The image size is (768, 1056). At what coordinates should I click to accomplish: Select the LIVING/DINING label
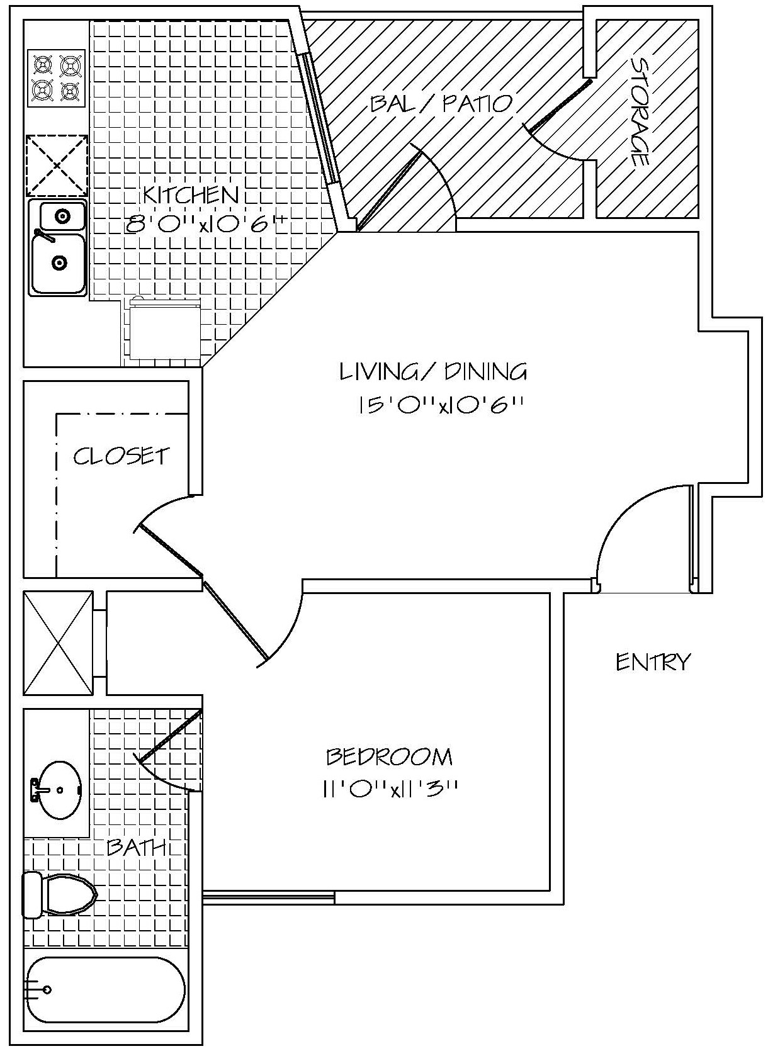[433, 372]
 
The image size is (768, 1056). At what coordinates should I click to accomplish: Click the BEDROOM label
[389, 756]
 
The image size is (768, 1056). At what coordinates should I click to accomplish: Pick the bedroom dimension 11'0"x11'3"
[389, 789]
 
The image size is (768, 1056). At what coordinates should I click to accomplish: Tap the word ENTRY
[653, 662]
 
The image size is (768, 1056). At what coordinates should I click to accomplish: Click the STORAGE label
[640, 113]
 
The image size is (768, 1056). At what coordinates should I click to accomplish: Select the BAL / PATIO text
[441, 103]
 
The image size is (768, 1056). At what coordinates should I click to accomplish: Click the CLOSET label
[121, 456]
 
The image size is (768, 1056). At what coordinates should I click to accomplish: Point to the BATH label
[136, 847]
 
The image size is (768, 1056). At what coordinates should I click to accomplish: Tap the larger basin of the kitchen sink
[58, 263]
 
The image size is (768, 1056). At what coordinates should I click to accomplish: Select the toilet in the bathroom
[62, 894]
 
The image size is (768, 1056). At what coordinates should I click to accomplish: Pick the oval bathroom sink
[58, 790]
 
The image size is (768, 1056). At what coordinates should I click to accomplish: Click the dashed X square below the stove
[57, 166]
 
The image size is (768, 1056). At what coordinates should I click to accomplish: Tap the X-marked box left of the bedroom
[58, 643]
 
